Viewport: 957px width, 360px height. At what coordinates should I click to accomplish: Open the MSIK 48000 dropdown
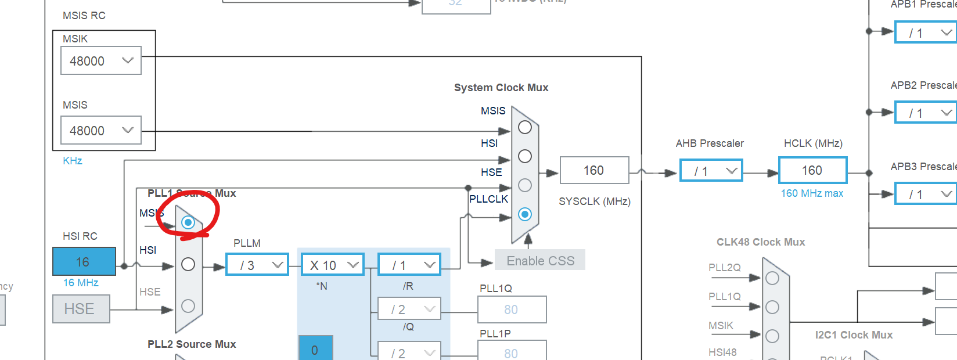(x=101, y=61)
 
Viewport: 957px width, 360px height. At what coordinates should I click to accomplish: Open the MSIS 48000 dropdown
(x=101, y=131)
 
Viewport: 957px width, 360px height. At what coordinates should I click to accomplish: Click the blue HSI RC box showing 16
(x=84, y=262)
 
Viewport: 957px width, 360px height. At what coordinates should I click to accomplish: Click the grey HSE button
(x=81, y=309)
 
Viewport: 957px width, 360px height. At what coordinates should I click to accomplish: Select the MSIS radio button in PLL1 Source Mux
(x=188, y=222)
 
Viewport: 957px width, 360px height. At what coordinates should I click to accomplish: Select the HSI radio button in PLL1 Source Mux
(x=188, y=264)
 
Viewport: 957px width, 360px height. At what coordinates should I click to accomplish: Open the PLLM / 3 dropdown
(x=257, y=265)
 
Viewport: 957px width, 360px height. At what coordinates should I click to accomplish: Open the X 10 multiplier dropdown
(x=333, y=265)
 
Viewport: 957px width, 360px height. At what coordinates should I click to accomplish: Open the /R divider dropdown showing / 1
(x=409, y=265)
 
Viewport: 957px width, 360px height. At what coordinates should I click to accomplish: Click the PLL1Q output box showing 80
(x=512, y=309)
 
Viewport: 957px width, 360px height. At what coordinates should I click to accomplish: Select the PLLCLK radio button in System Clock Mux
(x=525, y=214)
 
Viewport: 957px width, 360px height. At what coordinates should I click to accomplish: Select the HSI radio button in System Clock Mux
(x=525, y=156)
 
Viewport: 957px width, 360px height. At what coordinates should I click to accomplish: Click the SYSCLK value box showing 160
(x=594, y=170)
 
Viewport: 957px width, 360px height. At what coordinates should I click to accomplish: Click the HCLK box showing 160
(x=812, y=170)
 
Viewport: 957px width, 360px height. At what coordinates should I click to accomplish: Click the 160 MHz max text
(x=812, y=193)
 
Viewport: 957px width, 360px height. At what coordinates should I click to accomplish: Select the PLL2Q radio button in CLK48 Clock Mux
(x=772, y=278)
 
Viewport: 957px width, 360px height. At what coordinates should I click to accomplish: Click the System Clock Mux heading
(x=501, y=88)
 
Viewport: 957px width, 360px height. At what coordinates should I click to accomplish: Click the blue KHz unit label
(x=73, y=161)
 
